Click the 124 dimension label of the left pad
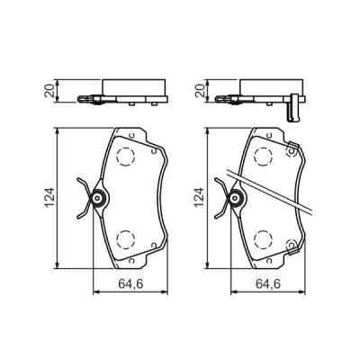(x=49, y=197)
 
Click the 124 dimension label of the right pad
(x=200, y=197)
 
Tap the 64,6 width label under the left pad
(x=130, y=283)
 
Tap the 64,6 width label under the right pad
(x=268, y=283)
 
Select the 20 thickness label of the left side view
(x=49, y=90)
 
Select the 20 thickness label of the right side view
(x=199, y=90)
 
